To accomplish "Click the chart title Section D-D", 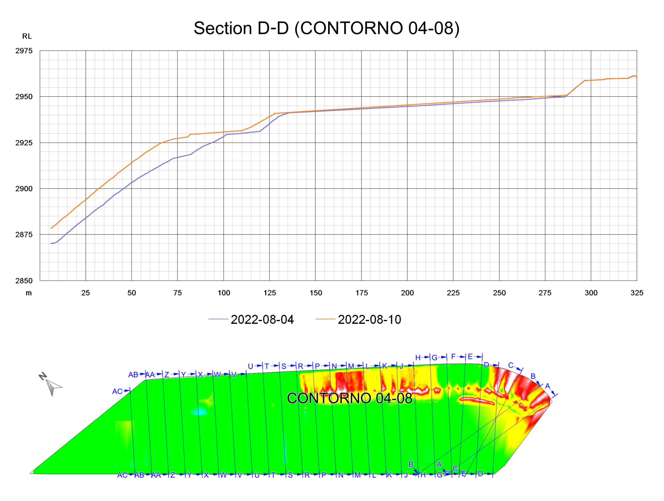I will [326, 28].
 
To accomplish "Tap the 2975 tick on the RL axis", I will [24, 51].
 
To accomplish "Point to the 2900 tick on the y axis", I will [24, 189].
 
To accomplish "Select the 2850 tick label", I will [24, 281].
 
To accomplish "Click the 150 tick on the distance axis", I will [315, 293].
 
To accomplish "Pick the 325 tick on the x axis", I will [636, 293].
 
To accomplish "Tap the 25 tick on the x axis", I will [86, 293].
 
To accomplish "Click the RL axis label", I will [27, 36].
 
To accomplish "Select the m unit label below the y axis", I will [29, 293].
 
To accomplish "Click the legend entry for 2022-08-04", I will [262, 320].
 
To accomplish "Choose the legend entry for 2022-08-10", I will [369, 320].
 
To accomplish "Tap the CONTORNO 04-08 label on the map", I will [349, 398].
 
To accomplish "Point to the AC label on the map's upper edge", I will [117, 391].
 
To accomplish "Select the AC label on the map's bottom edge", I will [122, 475].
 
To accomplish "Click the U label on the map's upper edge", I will [250, 367].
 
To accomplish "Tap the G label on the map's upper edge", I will [434, 358].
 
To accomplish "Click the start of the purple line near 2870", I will [51, 243].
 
